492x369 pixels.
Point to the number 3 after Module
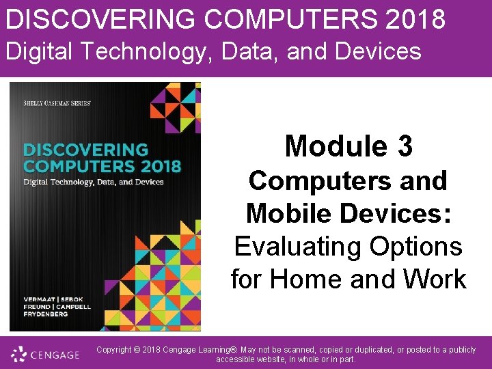(x=404, y=146)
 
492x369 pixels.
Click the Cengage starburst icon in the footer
(x=18, y=354)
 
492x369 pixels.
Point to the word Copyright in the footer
(x=115, y=350)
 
